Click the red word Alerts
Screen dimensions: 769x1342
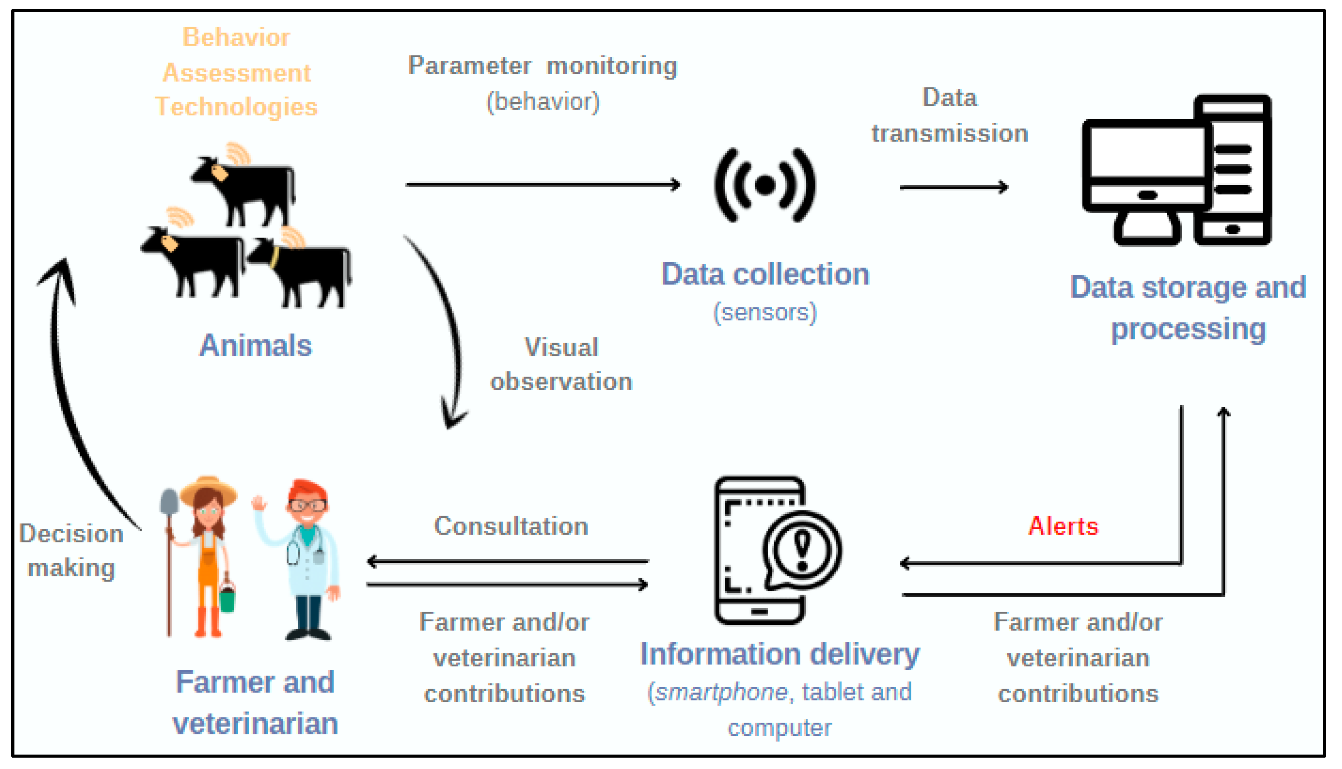[1063, 526]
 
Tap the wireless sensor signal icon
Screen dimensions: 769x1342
[765, 185]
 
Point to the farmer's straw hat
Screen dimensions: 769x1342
[208, 489]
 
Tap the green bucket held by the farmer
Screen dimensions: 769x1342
[227, 600]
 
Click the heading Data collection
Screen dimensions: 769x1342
[765, 275]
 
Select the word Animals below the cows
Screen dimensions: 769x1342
[255, 346]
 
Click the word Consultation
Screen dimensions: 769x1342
[511, 526]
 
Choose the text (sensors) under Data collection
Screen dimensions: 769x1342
[765, 312]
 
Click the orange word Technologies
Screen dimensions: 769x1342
[236, 107]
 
